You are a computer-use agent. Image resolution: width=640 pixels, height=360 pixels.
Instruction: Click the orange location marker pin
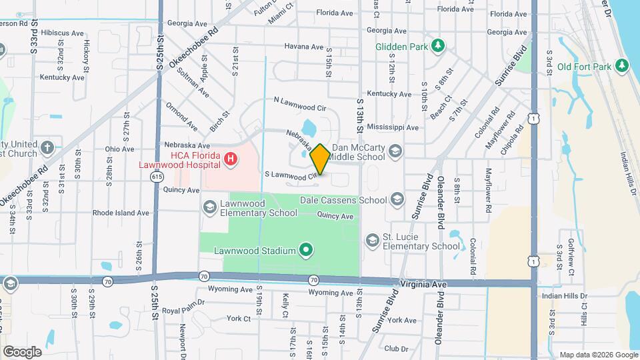[x=320, y=159]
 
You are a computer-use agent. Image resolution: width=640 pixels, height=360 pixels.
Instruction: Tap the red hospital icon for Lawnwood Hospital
[x=230, y=159]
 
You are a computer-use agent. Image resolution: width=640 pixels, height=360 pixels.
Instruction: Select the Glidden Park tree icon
[x=438, y=46]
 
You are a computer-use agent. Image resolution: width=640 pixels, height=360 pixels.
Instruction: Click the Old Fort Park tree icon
[x=621, y=65]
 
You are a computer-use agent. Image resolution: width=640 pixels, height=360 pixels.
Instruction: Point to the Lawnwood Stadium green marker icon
[x=306, y=251]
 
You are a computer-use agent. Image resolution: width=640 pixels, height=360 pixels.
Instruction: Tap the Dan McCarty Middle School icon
[x=395, y=152]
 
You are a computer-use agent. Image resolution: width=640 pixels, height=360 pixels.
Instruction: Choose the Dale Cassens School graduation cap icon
[x=397, y=199]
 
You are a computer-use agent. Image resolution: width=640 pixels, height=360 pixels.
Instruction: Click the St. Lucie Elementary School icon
[x=371, y=240]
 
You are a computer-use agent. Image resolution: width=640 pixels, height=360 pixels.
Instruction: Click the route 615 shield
[x=157, y=177]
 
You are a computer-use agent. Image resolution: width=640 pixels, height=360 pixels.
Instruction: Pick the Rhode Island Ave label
[x=121, y=213]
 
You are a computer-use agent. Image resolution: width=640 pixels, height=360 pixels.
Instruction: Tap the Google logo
[x=22, y=352]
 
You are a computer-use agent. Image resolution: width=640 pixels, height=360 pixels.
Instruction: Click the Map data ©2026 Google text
[x=598, y=355]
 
